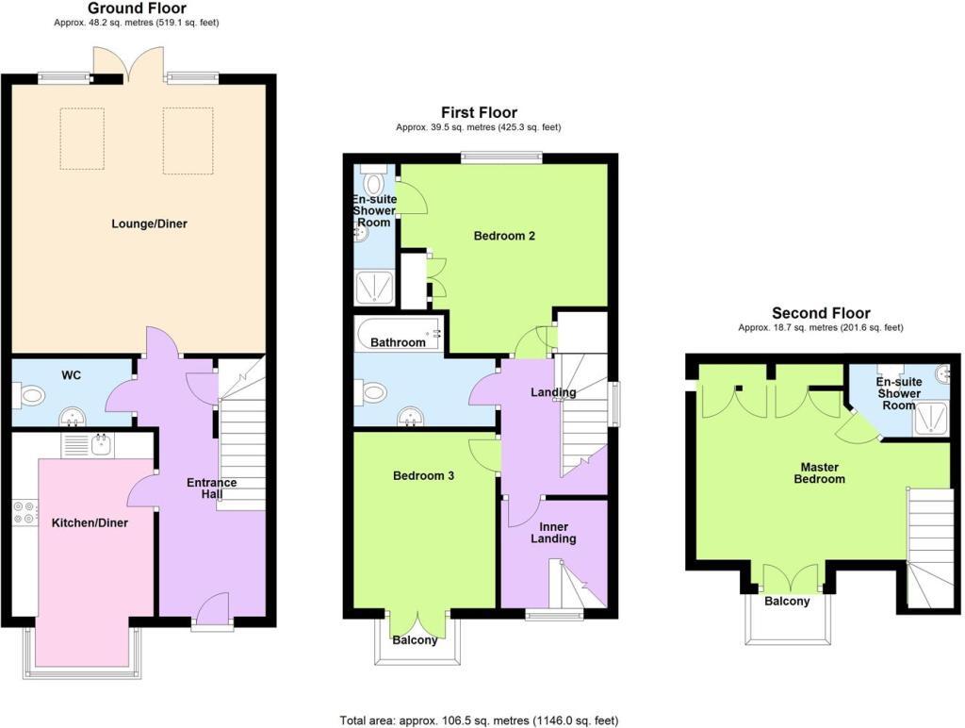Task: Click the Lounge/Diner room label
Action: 149,224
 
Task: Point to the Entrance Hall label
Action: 212,488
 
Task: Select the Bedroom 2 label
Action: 504,236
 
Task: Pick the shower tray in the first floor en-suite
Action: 374,287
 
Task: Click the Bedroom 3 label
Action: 423,476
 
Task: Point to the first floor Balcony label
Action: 415,641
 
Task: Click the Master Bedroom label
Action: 823,472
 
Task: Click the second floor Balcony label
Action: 787,602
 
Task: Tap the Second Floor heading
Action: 821,313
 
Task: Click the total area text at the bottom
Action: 479,720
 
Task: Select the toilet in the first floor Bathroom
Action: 372,391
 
